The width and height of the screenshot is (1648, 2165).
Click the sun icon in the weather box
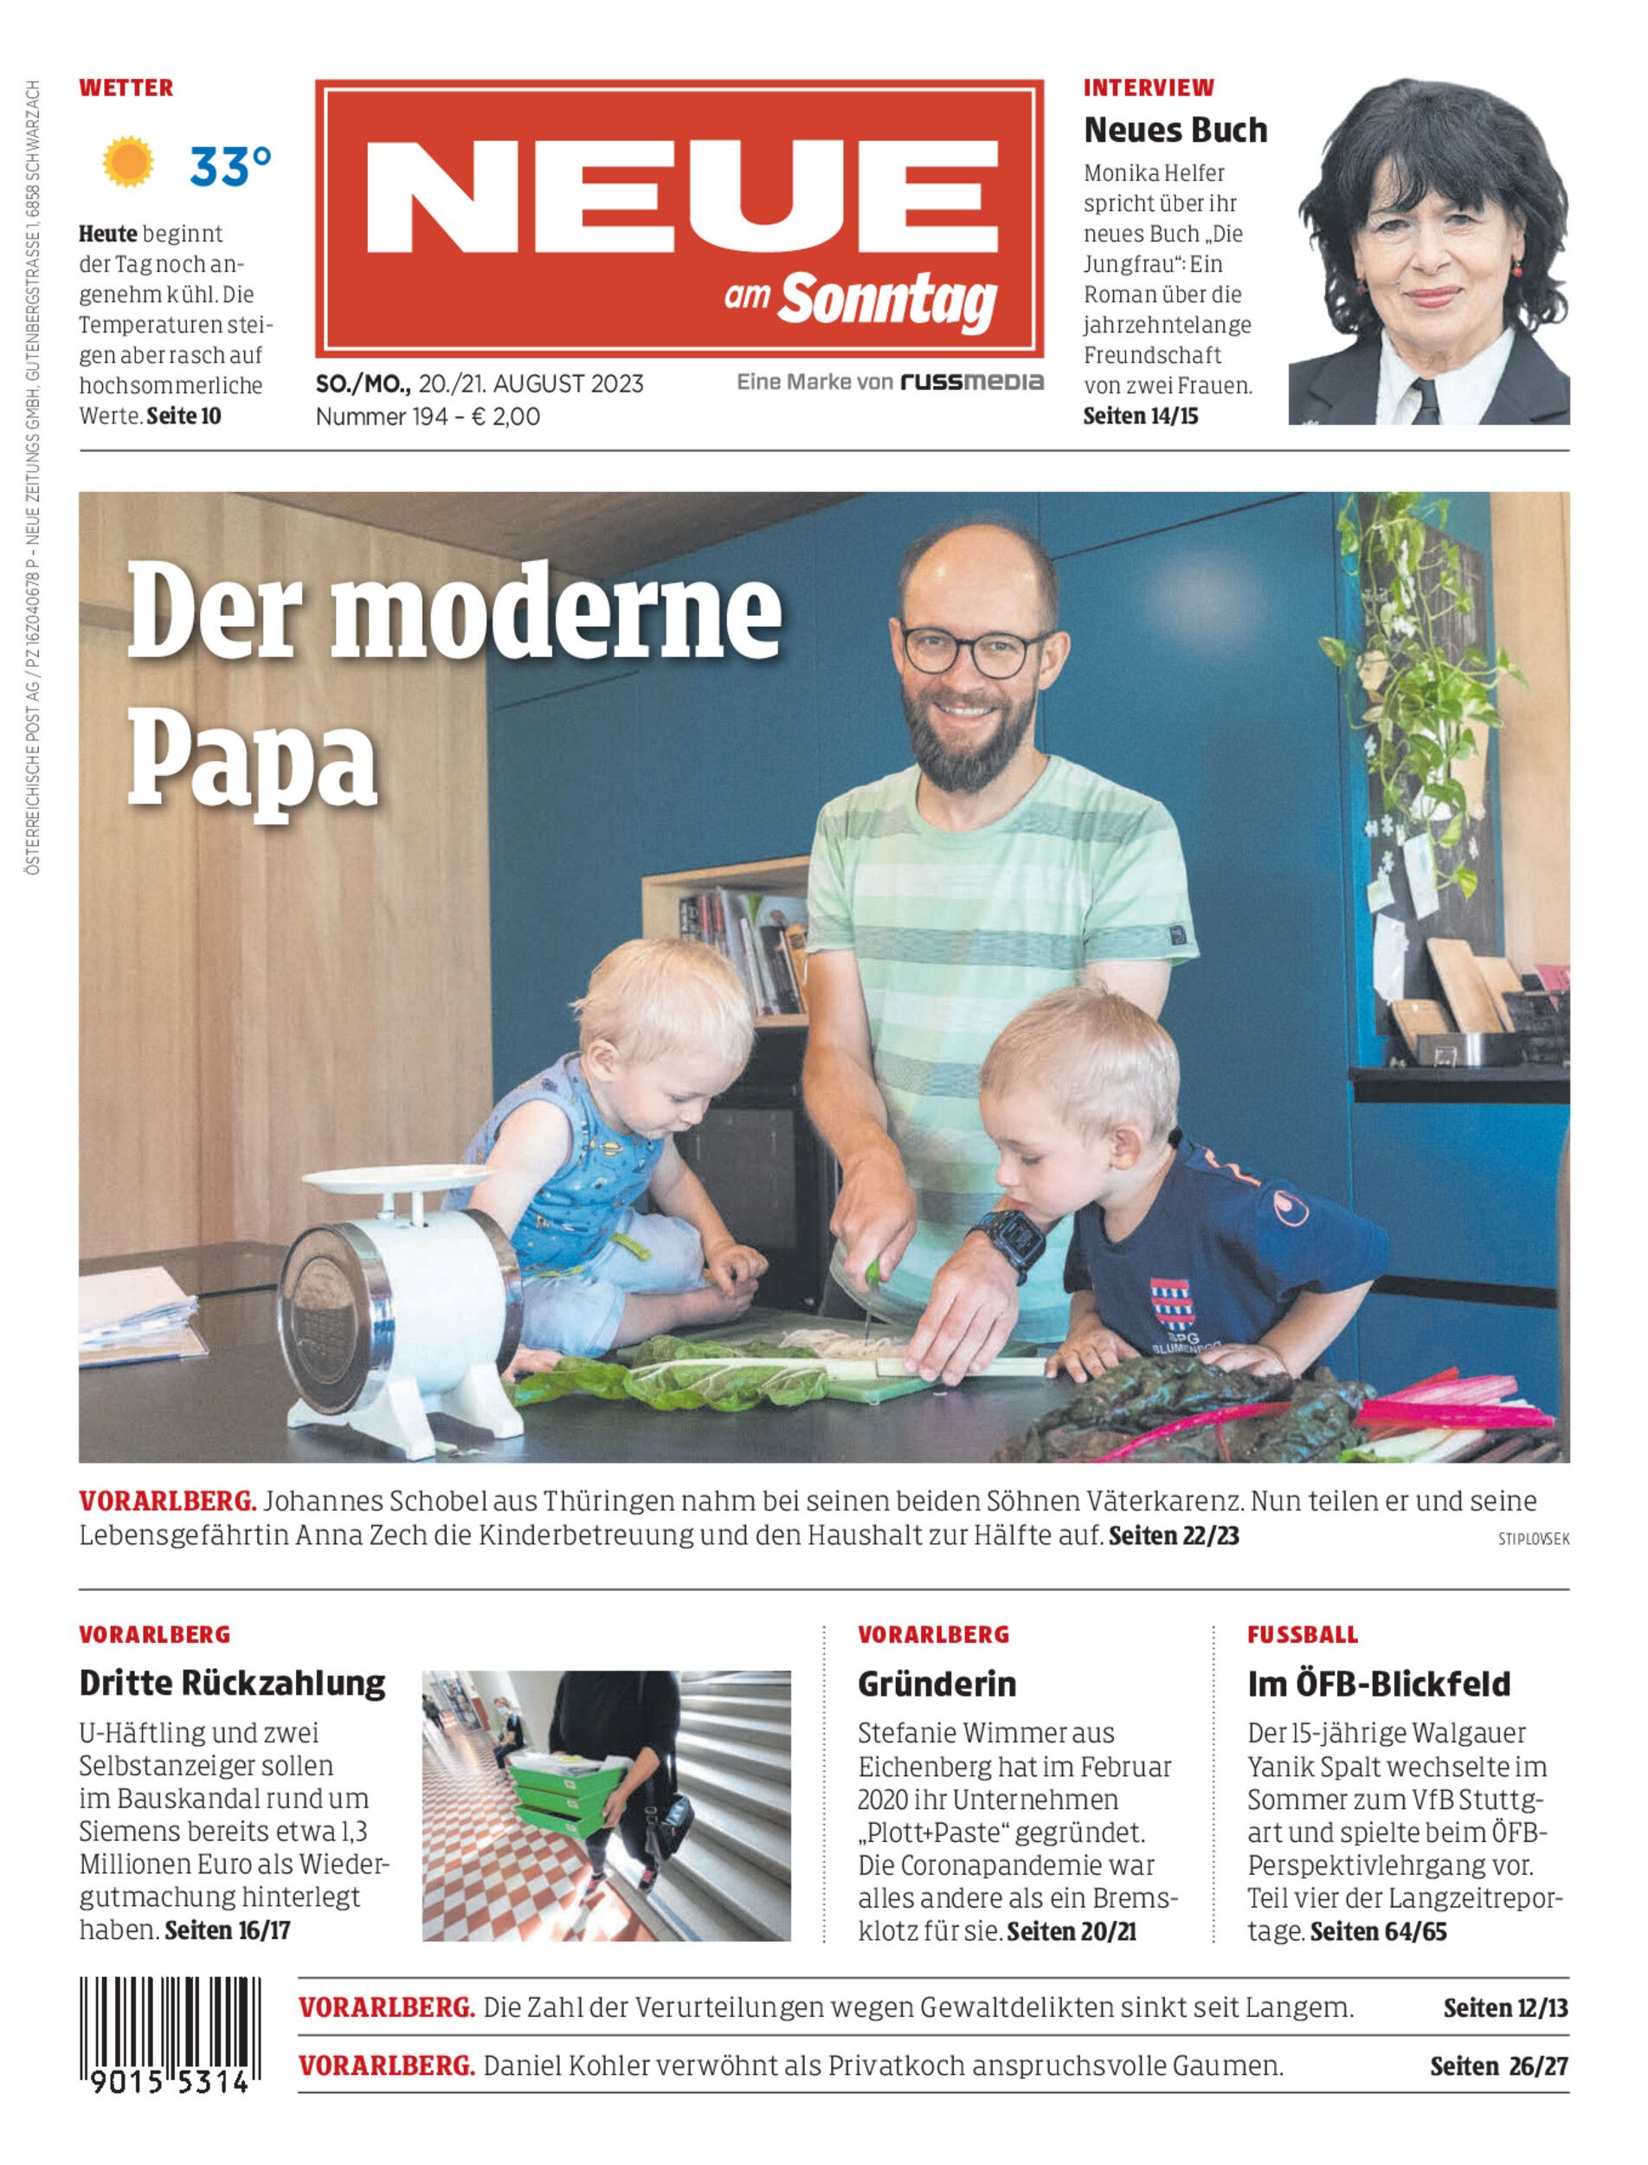[128, 163]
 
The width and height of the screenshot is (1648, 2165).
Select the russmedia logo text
[972, 382]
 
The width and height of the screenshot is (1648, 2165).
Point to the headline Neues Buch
[1175, 130]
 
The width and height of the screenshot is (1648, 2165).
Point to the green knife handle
[871, 1273]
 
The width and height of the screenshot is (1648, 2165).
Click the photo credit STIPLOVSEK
[1533, 1540]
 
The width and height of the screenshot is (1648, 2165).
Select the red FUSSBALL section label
[1302, 1634]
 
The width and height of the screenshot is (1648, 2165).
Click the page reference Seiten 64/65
[1377, 1931]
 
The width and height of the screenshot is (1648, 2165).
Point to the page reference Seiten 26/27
[1498, 2066]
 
